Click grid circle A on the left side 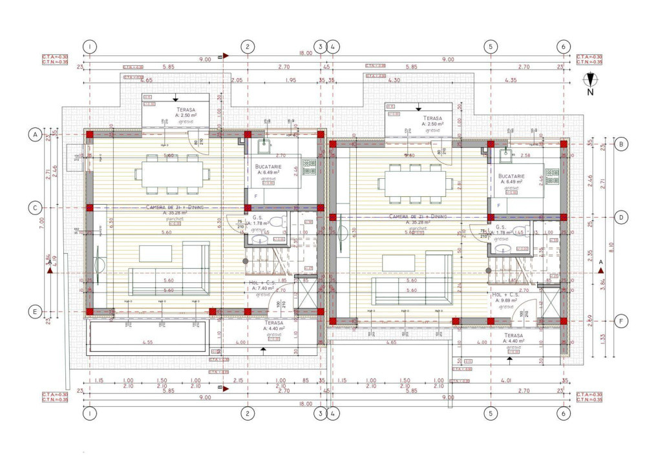tap(34, 134)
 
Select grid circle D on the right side tap(621, 218)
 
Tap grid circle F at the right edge tap(621, 321)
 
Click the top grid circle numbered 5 tap(491, 46)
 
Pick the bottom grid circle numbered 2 tap(247, 412)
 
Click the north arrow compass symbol tap(589, 81)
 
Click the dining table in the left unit tap(172, 173)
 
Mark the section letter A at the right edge tap(600, 262)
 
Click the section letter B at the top tap(220, 57)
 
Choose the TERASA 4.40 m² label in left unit tap(273, 325)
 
